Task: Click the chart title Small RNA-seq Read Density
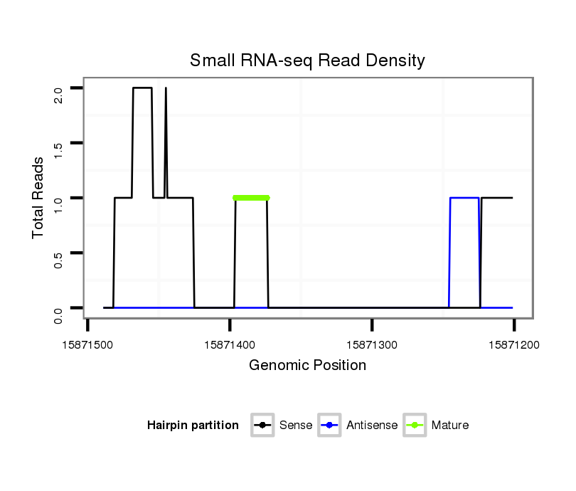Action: pyautogui.click(x=307, y=60)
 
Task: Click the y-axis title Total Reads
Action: pyautogui.click(x=40, y=198)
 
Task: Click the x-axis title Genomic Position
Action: pyautogui.click(x=307, y=366)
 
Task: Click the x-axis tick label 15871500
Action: pyautogui.click(x=88, y=345)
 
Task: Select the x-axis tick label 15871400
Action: pyautogui.click(x=230, y=345)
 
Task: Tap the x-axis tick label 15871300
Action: pyautogui.click(x=372, y=345)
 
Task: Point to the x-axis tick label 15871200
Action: pyautogui.click(x=514, y=345)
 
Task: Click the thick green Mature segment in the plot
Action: pyautogui.click(x=251, y=198)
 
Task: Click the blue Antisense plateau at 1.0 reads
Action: pyautogui.click(x=464, y=198)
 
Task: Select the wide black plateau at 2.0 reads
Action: pyautogui.click(x=142, y=88)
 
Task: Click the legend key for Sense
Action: pyautogui.click(x=263, y=426)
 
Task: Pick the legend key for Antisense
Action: pyautogui.click(x=331, y=426)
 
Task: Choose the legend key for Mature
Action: pyautogui.click(x=415, y=426)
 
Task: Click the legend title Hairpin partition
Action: pyautogui.click(x=193, y=426)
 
